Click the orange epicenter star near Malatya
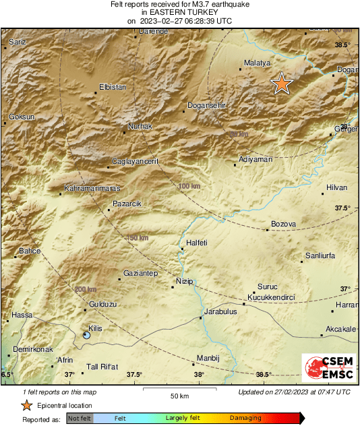pos(282,84)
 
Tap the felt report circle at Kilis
pos(86,334)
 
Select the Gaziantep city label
pos(140,273)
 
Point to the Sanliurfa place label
pos(320,256)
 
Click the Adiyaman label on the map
pos(256,159)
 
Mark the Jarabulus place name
pos(220,312)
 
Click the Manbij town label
pos(205,357)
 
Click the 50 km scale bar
pos(179,389)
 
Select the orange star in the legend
pos(26,405)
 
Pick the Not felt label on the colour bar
pos(80,419)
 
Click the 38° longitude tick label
pos(198,374)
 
